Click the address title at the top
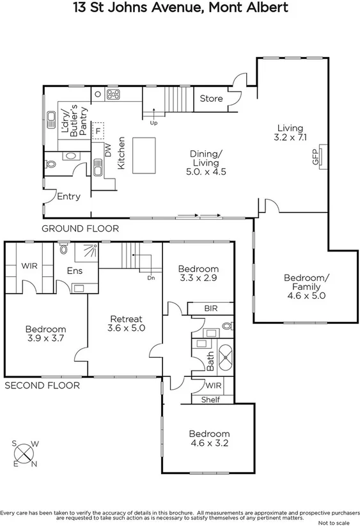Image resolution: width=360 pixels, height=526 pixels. click(180, 8)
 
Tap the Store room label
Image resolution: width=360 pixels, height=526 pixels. click(211, 99)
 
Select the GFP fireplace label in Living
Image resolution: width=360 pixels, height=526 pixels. click(315, 158)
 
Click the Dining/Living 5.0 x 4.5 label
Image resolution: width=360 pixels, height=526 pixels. click(206, 163)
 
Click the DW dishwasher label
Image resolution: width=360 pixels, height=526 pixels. click(108, 150)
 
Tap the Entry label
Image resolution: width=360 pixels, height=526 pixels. click(68, 196)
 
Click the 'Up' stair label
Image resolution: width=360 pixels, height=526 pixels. click(153, 122)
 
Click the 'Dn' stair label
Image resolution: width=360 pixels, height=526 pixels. click(151, 278)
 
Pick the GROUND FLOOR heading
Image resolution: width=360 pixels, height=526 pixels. click(80, 228)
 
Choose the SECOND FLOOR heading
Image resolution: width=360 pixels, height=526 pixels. click(42, 385)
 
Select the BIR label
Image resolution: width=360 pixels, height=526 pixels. click(210, 308)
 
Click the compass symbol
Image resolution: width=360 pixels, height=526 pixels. click(24, 453)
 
